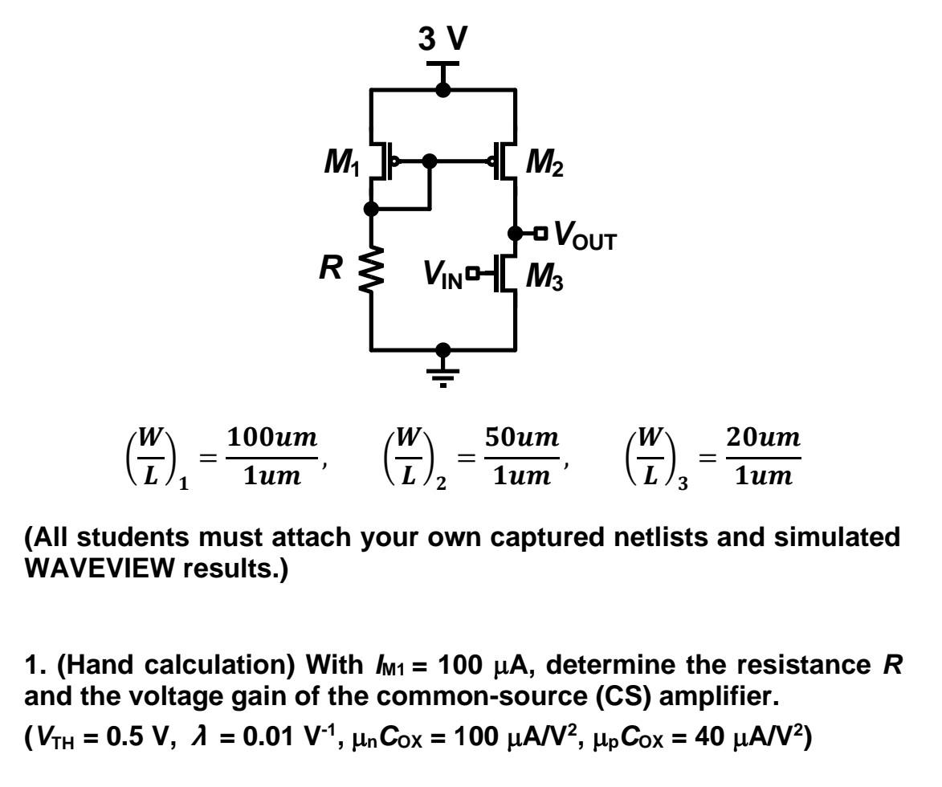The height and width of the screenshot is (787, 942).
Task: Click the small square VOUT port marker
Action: pos(541,234)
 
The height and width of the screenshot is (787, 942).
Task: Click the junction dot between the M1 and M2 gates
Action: pos(430,161)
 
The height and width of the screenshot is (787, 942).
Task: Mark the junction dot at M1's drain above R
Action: pos(371,209)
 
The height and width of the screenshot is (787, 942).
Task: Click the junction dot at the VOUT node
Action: pos(515,234)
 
